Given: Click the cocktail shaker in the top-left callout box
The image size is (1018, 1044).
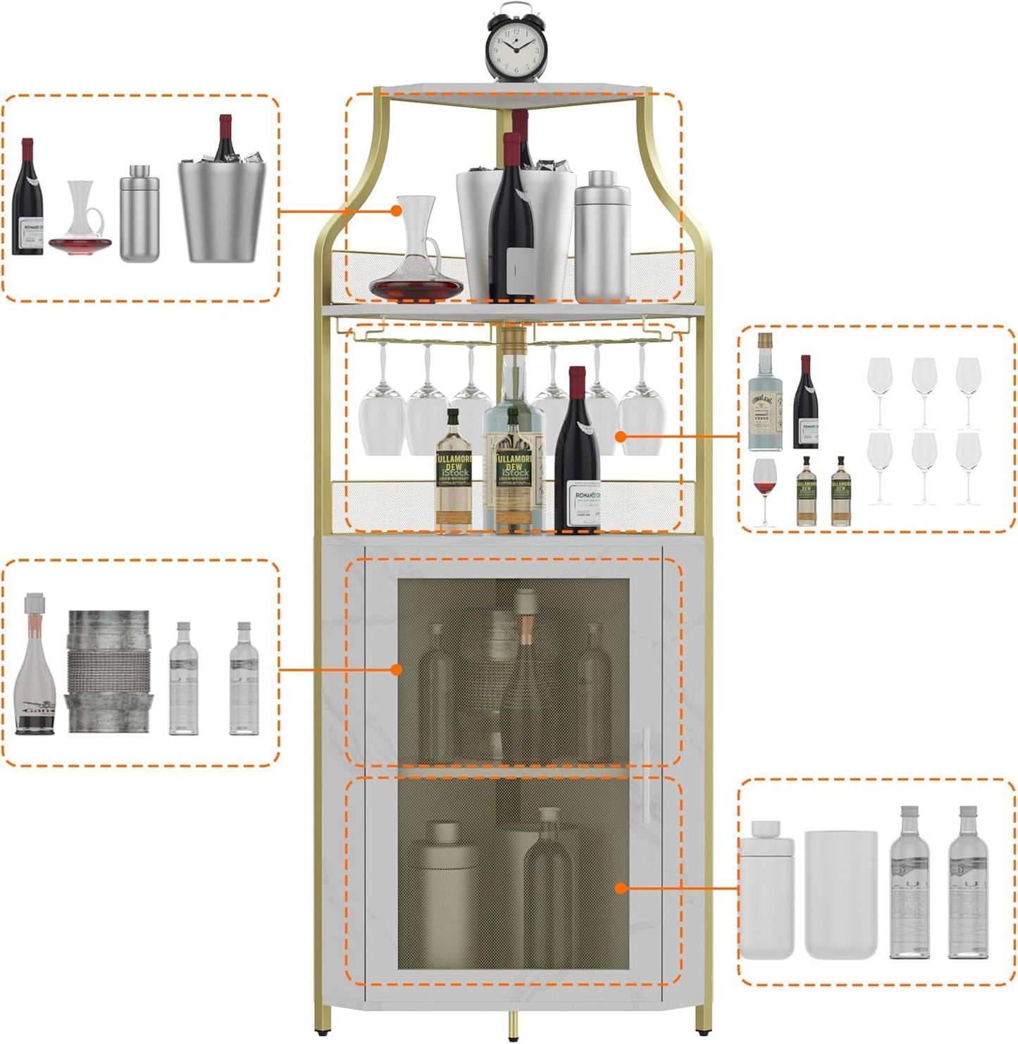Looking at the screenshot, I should (139, 214).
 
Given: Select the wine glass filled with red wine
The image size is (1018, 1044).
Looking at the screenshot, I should (764, 490).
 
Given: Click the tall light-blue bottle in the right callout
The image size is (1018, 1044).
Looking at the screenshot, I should (764, 394).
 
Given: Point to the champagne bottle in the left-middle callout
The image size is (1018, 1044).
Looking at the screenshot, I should (34, 666).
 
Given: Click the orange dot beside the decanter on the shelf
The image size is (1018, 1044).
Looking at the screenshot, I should (397, 211).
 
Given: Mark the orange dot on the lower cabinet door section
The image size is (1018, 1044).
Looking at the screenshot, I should (621, 888).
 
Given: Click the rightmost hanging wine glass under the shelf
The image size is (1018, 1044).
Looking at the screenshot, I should (640, 416).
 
